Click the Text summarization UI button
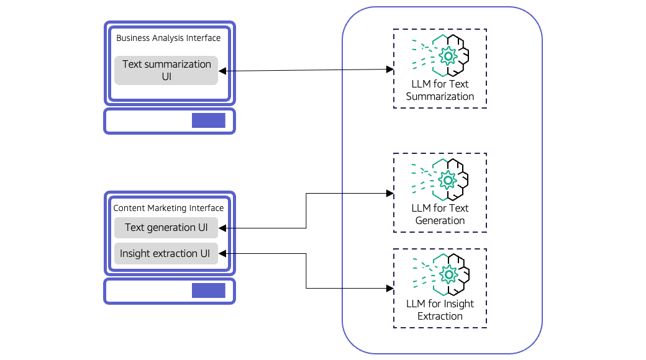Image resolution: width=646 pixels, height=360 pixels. [x=166, y=70]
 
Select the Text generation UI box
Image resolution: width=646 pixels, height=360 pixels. [x=166, y=228]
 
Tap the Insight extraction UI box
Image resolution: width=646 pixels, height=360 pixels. [x=166, y=253]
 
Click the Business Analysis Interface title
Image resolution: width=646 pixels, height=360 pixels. [x=168, y=38]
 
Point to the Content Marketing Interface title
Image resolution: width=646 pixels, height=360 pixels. [x=168, y=208]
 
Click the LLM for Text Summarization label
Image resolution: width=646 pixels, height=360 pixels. [x=440, y=90]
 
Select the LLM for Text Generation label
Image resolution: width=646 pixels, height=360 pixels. [x=440, y=214]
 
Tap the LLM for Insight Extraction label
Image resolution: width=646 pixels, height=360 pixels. [x=440, y=310]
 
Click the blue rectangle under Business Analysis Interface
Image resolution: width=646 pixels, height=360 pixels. [x=208, y=120]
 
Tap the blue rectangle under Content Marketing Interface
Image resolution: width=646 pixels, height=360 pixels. [x=208, y=290]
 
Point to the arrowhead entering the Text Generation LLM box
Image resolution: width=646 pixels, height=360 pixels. [x=389, y=194]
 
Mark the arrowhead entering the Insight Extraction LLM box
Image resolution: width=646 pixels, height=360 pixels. [x=389, y=289]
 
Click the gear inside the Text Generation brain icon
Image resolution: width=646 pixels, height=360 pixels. [x=447, y=180]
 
